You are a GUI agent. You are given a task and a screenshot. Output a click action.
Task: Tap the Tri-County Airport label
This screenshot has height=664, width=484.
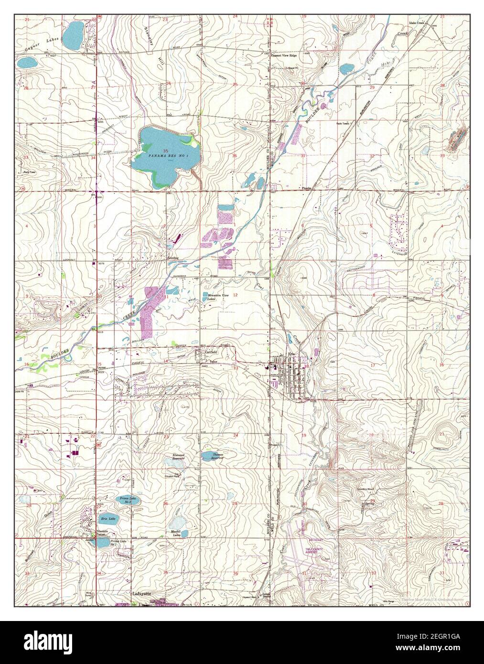pos(314,551)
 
